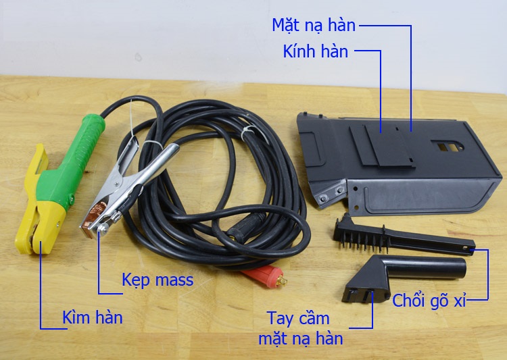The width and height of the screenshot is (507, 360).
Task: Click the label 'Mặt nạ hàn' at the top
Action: pos(314,26)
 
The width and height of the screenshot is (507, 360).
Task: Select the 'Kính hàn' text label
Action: pos(316,52)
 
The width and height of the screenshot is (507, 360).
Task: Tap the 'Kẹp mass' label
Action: pos(158,280)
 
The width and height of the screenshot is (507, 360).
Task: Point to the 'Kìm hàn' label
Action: pos(93,317)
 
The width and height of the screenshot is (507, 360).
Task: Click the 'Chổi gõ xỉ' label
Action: pos(429,301)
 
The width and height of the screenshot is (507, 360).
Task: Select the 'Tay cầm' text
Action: pos(298,319)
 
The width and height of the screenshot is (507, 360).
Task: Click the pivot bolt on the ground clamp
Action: pos(103,229)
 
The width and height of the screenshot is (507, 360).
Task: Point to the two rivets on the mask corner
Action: pos(331,194)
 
